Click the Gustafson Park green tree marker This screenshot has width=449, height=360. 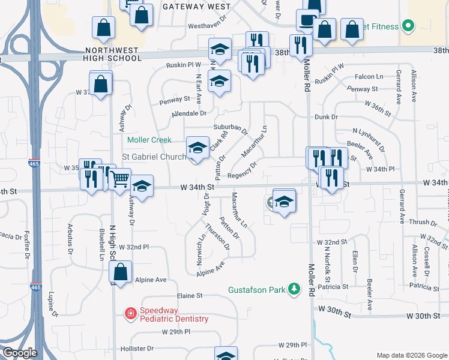tap(294, 290)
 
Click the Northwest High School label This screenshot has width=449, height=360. tap(113, 54)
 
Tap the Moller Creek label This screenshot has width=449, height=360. tap(149, 140)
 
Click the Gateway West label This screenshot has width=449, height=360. tap(197, 7)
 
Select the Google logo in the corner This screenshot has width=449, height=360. tap(20, 353)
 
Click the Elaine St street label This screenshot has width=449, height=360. tap(190, 296)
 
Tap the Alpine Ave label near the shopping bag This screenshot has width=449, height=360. tap(150, 280)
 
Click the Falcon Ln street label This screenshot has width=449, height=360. tap(369, 77)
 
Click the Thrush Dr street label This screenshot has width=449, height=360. tap(418, 222)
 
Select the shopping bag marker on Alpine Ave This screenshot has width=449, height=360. tap(121, 272)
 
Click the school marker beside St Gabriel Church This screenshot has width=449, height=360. tap(197, 148)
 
